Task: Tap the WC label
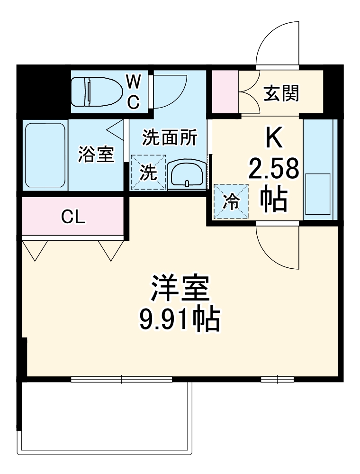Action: coord(134,91)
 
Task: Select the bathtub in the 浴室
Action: coord(45,155)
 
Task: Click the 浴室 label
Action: coord(96,155)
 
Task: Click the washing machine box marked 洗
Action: coord(148,173)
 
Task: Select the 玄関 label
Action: coord(281,94)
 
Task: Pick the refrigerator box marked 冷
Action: coord(231,201)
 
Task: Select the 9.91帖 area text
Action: coord(180,320)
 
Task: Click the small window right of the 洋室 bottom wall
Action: coord(277,379)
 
